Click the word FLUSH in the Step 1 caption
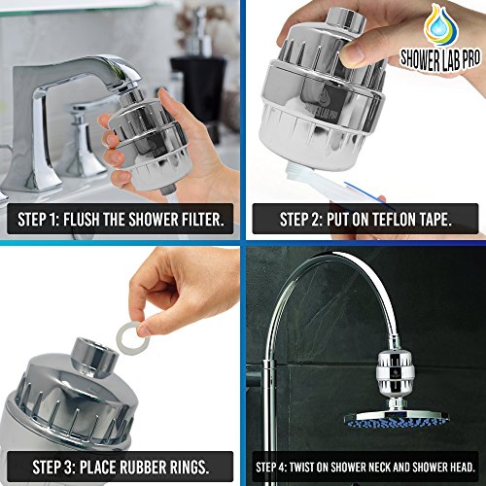(82, 220)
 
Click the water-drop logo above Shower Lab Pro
(441, 24)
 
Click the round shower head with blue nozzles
(396, 419)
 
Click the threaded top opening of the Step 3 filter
(94, 357)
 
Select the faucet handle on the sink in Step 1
(82, 138)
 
